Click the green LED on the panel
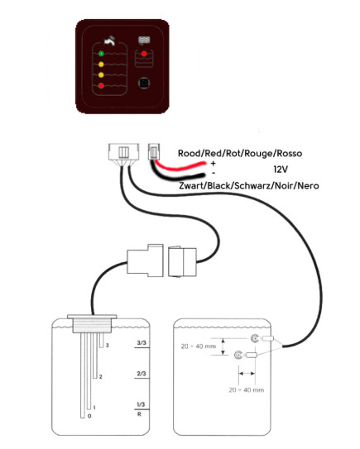pyautogui.click(x=101, y=54)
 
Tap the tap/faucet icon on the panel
pyautogui.click(x=109, y=41)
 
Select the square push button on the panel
pyautogui.click(x=144, y=83)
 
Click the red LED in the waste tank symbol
pyautogui.click(x=144, y=54)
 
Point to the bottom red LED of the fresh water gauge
pyautogui.click(x=101, y=85)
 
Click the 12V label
pyautogui.click(x=281, y=170)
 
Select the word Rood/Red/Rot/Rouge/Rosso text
pyautogui.click(x=240, y=154)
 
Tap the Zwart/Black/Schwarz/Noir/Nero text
pyautogui.click(x=249, y=185)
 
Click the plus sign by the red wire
pyautogui.click(x=213, y=164)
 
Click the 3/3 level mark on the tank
pyautogui.click(x=142, y=343)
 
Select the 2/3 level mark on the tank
pyautogui.click(x=142, y=374)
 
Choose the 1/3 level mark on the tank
pyautogui.click(x=141, y=404)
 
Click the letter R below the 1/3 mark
pyautogui.click(x=139, y=414)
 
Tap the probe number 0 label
pyautogui.click(x=89, y=416)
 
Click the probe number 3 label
pyautogui.click(x=108, y=346)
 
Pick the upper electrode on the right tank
pyautogui.click(x=255, y=339)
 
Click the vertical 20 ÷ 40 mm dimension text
pyautogui.click(x=198, y=346)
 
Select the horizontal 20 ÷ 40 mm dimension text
pyautogui.click(x=247, y=390)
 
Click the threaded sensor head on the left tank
pyautogui.click(x=92, y=326)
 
